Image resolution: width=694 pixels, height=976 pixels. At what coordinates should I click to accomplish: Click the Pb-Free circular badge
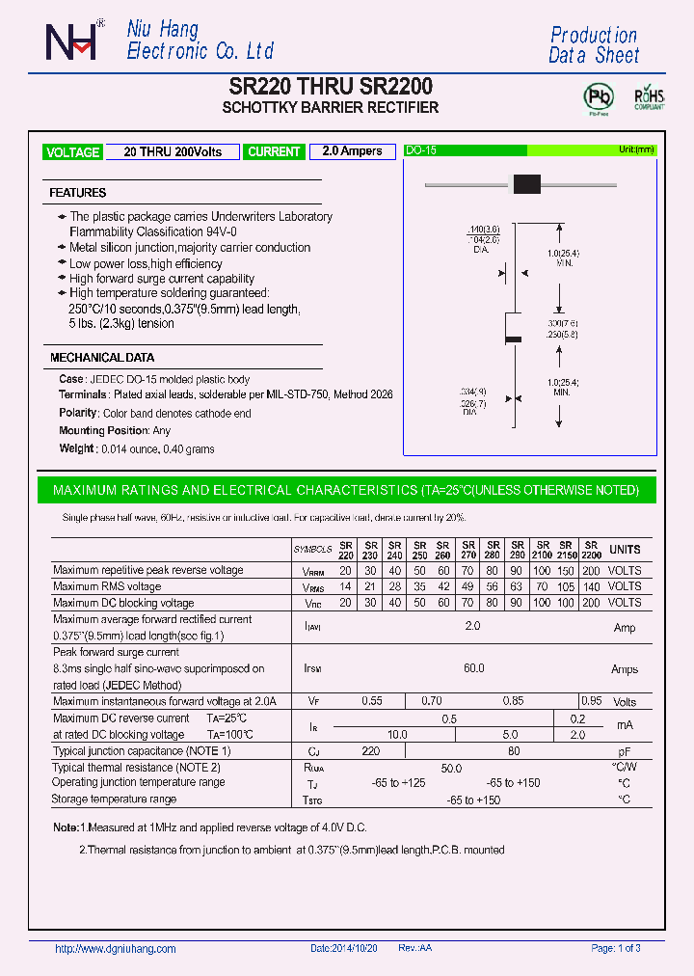[599, 97]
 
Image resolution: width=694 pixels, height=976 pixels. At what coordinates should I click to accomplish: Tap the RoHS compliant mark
[648, 98]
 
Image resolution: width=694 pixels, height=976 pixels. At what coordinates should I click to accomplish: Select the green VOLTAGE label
[72, 152]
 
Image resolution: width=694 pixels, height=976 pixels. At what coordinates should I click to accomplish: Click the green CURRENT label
[274, 151]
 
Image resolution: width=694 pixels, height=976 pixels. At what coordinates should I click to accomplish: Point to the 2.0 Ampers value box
[352, 151]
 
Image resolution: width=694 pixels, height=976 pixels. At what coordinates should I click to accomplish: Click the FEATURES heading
[78, 193]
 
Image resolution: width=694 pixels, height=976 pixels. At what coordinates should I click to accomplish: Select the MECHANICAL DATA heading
[101, 358]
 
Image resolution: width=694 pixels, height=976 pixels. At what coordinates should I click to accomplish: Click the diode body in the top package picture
[526, 183]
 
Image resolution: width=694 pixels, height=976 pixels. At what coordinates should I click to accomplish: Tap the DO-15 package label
[421, 150]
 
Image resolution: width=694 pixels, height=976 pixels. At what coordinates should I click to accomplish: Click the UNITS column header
[625, 550]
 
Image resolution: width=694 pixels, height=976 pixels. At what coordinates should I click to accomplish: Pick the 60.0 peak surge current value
[473, 668]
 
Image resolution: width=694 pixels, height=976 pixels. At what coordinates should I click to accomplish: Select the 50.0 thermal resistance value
[451, 769]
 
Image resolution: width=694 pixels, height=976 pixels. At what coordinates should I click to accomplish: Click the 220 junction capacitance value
[369, 750]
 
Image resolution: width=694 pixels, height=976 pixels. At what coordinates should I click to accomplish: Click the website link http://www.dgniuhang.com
[116, 949]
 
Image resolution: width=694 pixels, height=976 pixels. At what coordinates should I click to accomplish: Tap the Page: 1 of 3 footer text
[615, 949]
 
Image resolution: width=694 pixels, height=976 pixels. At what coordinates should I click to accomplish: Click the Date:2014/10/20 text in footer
[344, 949]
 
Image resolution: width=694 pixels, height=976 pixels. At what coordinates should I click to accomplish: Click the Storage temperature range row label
[115, 799]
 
